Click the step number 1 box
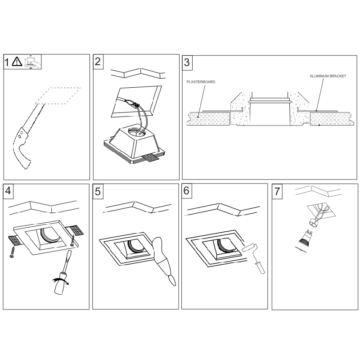coord(7,62)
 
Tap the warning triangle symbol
coord(17,62)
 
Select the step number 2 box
coord(98,62)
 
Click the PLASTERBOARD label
coord(201,82)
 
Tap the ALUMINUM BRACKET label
coord(328,76)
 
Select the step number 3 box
coord(187,63)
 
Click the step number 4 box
coord(8,191)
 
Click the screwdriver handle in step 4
coord(60,283)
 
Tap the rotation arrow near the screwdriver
coord(61,281)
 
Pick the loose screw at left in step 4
coord(12,252)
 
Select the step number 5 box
coord(98,191)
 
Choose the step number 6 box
coord(187,191)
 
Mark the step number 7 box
coord(277,191)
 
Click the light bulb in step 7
coord(306,239)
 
